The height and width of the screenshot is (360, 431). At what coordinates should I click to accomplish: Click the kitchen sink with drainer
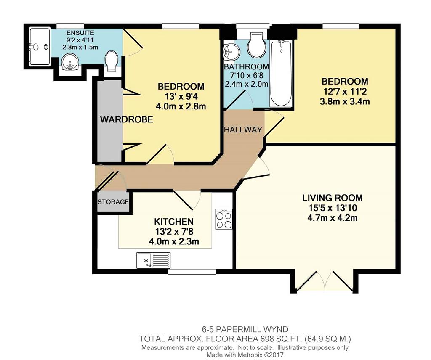(153, 260)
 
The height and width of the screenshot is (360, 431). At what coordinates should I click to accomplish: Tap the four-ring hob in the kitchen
(224, 219)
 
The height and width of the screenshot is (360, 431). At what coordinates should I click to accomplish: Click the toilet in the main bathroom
(256, 45)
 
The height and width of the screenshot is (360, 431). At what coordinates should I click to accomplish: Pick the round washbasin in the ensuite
(70, 62)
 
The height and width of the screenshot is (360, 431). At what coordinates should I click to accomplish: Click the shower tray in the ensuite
(40, 46)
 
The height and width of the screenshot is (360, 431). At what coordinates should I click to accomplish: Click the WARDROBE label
(126, 119)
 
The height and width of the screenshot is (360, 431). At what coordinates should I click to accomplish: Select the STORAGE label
(113, 202)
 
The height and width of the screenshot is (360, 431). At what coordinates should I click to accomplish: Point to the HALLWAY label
(243, 130)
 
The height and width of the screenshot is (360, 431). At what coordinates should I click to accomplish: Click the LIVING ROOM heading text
(333, 198)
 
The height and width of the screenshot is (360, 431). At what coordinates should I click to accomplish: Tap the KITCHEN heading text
(174, 221)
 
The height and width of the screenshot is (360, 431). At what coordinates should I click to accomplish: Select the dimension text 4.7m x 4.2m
(333, 218)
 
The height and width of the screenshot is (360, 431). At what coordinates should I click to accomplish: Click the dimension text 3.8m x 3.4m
(345, 102)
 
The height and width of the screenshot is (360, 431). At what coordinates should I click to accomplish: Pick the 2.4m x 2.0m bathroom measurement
(246, 84)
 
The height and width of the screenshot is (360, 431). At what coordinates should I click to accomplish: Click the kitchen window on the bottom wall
(192, 271)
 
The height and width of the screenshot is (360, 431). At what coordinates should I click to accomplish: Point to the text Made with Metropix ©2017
(245, 355)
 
